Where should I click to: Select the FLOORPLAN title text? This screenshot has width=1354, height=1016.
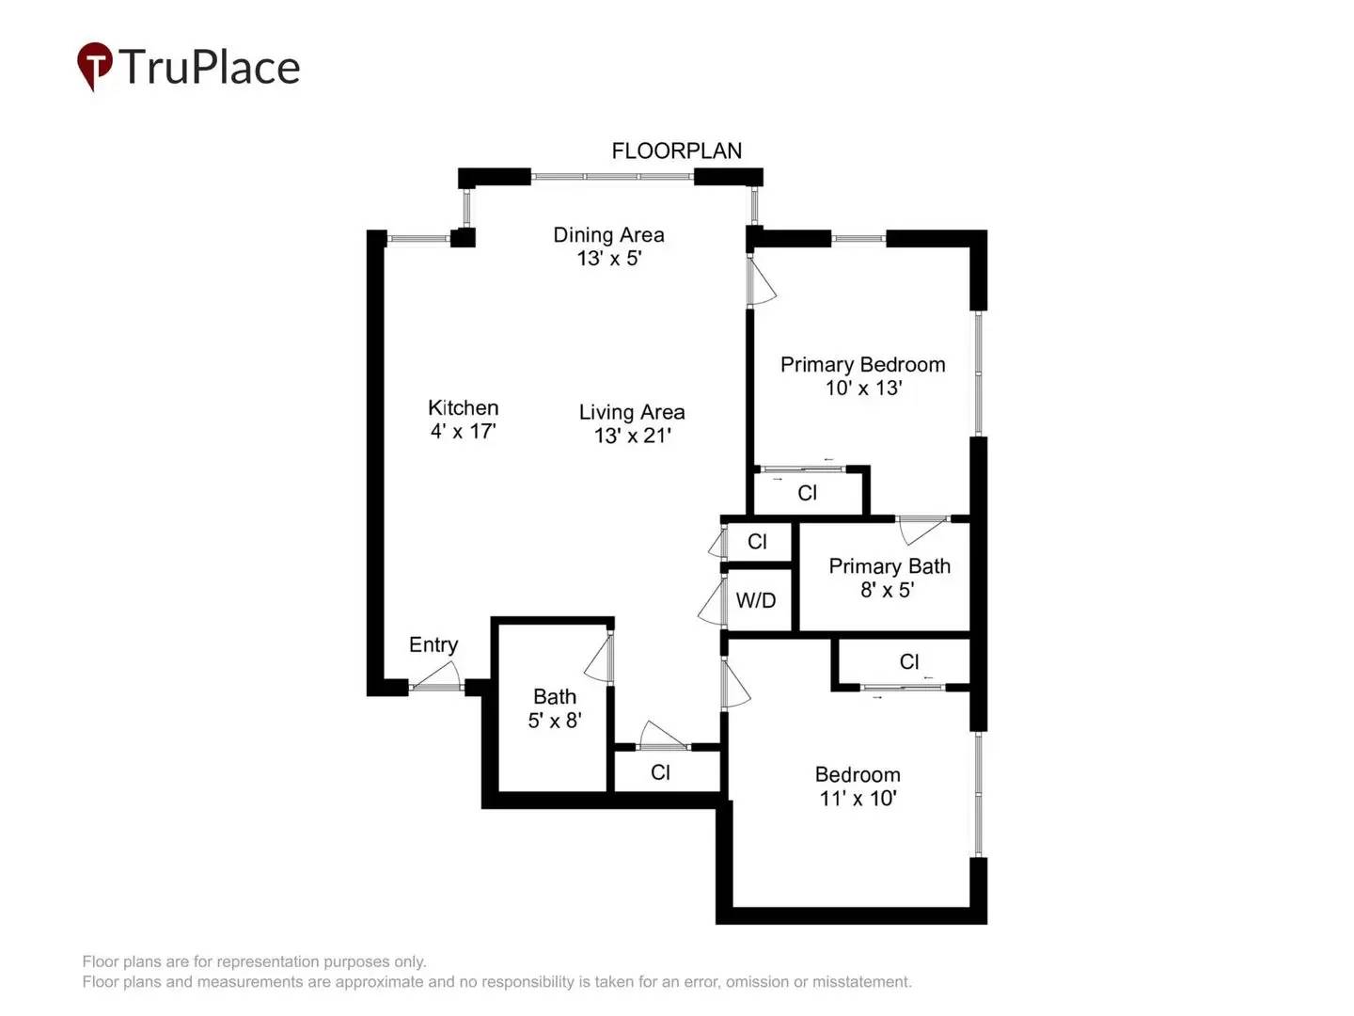(676, 151)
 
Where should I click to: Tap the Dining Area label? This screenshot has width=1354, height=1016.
(608, 235)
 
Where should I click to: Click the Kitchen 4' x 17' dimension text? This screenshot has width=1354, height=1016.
(463, 432)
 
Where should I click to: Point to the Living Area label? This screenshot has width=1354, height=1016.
(631, 412)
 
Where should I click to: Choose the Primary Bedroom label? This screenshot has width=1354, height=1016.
(862, 365)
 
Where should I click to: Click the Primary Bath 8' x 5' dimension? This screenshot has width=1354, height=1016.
(887, 590)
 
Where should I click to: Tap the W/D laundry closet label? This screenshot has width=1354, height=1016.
(756, 600)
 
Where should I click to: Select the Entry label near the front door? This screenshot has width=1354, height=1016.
(433, 645)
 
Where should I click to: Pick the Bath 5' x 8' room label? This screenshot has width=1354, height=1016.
(555, 697)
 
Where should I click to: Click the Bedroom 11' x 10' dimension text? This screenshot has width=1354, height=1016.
(858, 799)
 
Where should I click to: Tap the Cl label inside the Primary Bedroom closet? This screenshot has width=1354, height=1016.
(807, 493)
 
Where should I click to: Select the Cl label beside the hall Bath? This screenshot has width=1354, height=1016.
(660, 772)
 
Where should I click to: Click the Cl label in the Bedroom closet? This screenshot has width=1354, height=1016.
(908, 661)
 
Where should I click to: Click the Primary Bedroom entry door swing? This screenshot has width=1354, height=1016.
(761, 281)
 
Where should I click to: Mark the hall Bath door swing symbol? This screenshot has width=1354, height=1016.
(599, 659)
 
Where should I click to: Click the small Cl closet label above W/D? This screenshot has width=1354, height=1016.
(757, 542)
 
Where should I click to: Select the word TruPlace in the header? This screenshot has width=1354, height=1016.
(209, 68)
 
